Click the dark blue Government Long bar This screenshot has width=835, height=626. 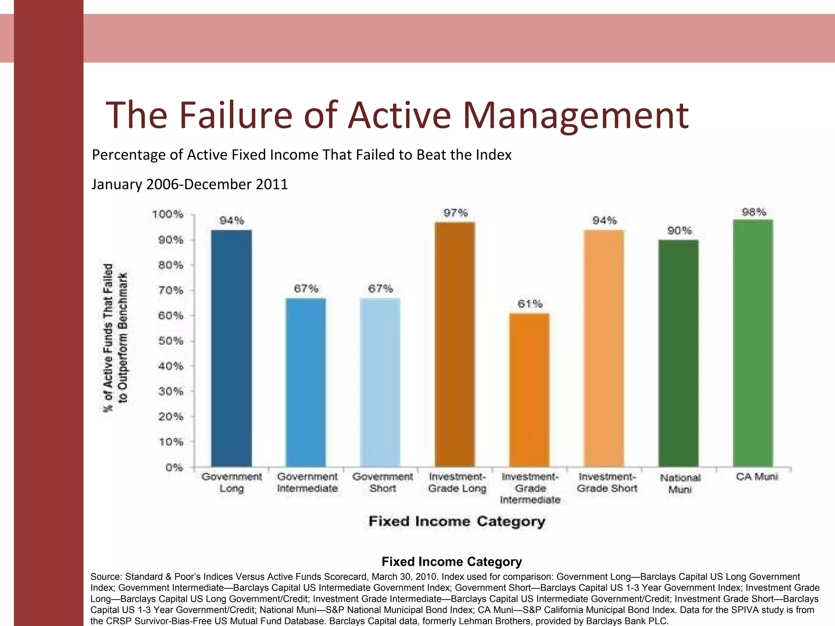tap(231, 348)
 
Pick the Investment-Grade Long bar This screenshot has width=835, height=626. tap(455, 344)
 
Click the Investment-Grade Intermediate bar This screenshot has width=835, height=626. tap(529, 390)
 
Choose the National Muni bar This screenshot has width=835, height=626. tap(678, 353)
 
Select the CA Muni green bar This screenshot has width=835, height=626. tap(753, 343)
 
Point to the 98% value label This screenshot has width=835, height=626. tap(754, 212)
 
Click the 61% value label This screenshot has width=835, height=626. tap(530, 304)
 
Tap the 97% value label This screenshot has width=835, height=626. tap(455, 213)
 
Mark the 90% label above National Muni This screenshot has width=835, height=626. tap(679, 231)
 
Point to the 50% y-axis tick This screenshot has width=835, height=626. tap(171, 341)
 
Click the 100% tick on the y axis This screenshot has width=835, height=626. tap(168, 214)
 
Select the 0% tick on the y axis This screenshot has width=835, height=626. tap(174, 467)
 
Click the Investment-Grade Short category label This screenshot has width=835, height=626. tap(607, 483)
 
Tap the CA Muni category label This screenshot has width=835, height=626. tap(757, 477)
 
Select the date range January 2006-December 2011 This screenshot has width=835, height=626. tap(190, 184)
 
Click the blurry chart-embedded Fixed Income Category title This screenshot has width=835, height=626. tap(457, 521)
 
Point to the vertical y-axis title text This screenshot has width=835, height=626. tap(115, 337)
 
